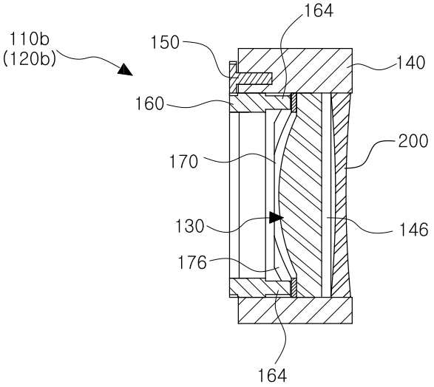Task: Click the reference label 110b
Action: coord(30,38)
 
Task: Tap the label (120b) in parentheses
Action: coord(29,59)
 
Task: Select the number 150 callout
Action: coord(165,43)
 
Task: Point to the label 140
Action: coord(411,63)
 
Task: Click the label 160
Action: coord(150,104)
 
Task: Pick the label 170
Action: coord(184,162)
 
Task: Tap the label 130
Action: coord(190,226)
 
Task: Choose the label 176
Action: coord(192,263)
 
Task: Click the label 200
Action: coord(413,141)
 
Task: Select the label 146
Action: coord(413,230)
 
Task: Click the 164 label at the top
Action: coord(319,11)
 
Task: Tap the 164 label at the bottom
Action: coord(272,375)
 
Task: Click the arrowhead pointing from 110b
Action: coord(125,69)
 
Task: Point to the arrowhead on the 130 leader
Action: coord(276,218)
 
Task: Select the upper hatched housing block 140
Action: coord(295,70)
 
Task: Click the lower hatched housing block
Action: coord(295,310)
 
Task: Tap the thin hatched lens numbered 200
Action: coord(341,195)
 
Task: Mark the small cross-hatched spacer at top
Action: coord(294,103)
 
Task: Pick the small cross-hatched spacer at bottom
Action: coord(294,287)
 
